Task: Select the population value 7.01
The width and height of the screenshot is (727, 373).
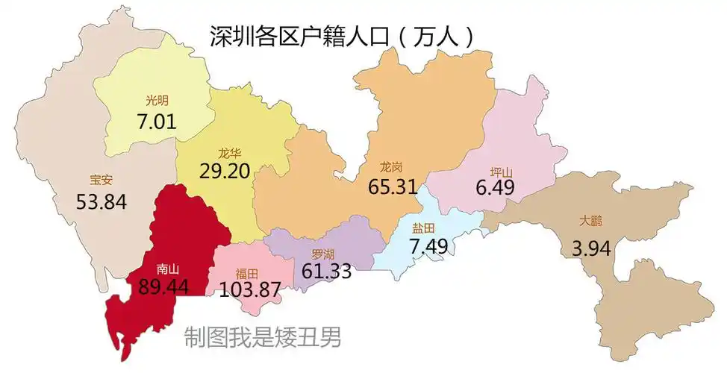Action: click(x=157, y=122)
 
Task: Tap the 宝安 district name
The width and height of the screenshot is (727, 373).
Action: click(x=102, y=180)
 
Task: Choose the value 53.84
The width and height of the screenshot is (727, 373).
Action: click(x=102, y=201)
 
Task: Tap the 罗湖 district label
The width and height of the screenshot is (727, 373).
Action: click(x=325, y=254)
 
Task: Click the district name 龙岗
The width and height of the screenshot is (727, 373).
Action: click(x=392, y=167)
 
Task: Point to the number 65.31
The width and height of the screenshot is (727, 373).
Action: click(x=392, y=186)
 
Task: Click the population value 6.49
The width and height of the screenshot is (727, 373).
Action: click(x=495, y=187)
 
